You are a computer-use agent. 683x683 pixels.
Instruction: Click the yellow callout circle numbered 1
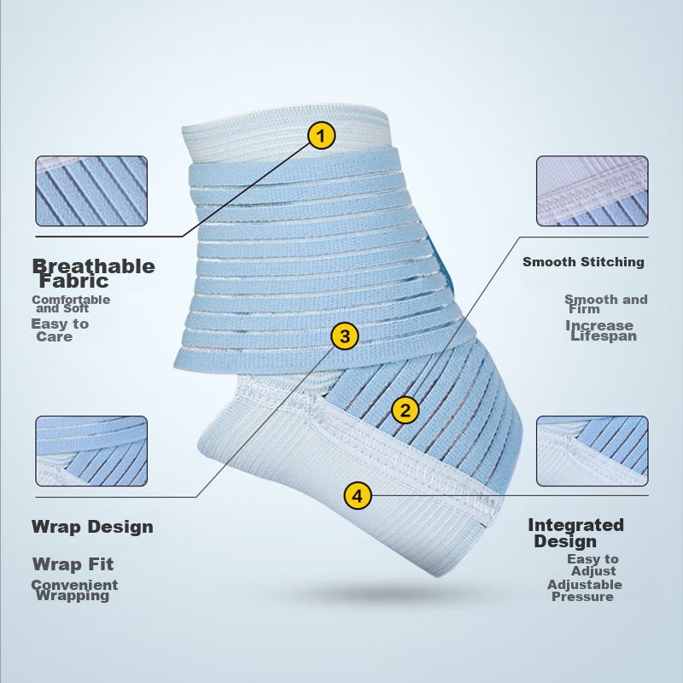tap(322, 135)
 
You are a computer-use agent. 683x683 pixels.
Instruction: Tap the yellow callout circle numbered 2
tap(406, 410)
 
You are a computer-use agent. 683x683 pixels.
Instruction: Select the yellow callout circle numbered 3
tap(344, 336)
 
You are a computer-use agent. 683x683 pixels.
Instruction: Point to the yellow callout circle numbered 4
tap(358, 494)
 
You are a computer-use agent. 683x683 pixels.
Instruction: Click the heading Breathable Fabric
tap(93, 273)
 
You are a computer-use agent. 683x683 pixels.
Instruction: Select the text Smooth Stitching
tap(583, 262)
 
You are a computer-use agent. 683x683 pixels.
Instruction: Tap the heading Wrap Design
tap(92, 527)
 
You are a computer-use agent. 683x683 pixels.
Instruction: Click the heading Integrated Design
tap(575, 533)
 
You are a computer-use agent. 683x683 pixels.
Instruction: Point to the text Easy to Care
tap(59, 330)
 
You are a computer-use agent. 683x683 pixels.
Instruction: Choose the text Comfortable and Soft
tap(71, 304)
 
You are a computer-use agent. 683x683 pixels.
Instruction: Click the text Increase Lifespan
tap(601, 331)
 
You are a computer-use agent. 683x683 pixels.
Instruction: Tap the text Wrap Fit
tap(73, 564)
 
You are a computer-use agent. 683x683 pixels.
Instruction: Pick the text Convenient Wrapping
tap(74, 590)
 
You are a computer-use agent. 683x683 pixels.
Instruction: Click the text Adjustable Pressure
tap(584, 591)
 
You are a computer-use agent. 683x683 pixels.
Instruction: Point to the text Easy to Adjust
tap(593, 565)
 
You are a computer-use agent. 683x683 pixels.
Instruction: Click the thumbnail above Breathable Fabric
tap(91, 191)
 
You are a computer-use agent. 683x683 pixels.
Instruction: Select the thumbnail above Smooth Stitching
tap(592, 191)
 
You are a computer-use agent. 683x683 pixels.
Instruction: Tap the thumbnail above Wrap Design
tap(91, 451)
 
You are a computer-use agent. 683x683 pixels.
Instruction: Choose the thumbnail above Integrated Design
tap(592, 451)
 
